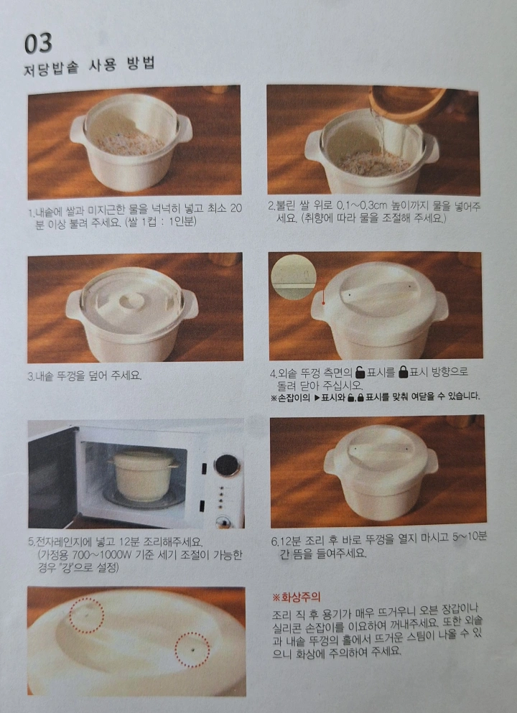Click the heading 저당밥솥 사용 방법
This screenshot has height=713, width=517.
[90, 65]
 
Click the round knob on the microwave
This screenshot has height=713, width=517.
[227, 465]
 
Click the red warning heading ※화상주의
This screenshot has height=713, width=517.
[296, 597]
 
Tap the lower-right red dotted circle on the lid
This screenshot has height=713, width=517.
[192, 649]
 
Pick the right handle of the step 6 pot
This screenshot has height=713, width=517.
[431, 460]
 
